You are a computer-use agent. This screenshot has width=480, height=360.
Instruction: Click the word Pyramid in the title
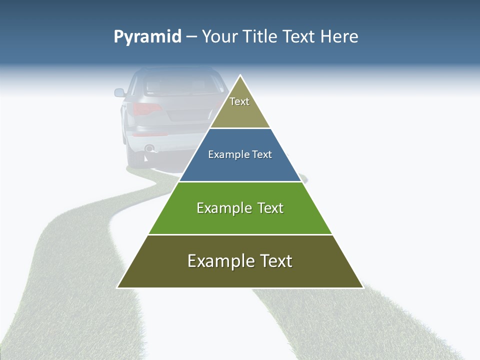[x=147, y=37]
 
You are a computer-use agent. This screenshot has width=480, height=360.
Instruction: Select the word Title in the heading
[x=262, y=37]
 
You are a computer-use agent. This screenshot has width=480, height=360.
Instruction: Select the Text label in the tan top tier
[x=239, y=101]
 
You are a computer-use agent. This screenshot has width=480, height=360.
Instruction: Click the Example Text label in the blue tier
[x=240, y=154]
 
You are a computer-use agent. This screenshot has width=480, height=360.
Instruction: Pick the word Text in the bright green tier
[x=270, y=208]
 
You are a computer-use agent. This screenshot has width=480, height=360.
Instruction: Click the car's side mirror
[x=119, y=92]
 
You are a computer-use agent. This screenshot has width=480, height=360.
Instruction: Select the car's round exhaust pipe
[x=148, y=148]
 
